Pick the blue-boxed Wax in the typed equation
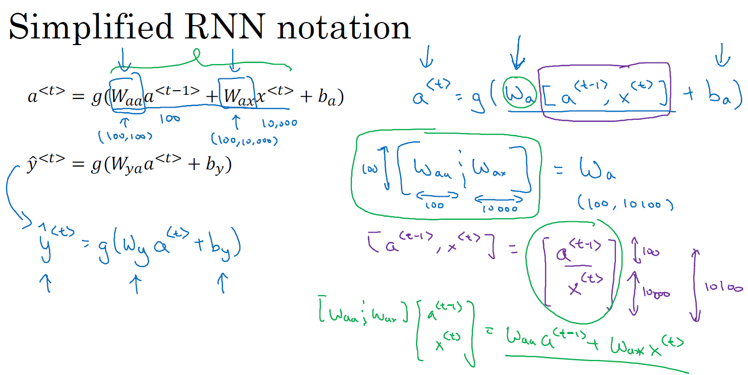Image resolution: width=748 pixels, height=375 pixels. pyautogui.click(x=236, y=96)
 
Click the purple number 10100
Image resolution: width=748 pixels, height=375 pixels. pyautogui.click(x=722, y=288)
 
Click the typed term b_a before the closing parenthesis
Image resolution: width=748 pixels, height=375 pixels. pyautogui.click(x=326, y=97)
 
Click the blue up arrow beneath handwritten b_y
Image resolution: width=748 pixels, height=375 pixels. pyautogui.click(x=223, y=282)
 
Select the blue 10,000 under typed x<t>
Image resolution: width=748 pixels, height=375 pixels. pyautogui.click(x=279, y=123)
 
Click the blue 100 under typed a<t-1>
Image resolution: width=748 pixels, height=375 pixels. pyautogui.click(x=170, y=118)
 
